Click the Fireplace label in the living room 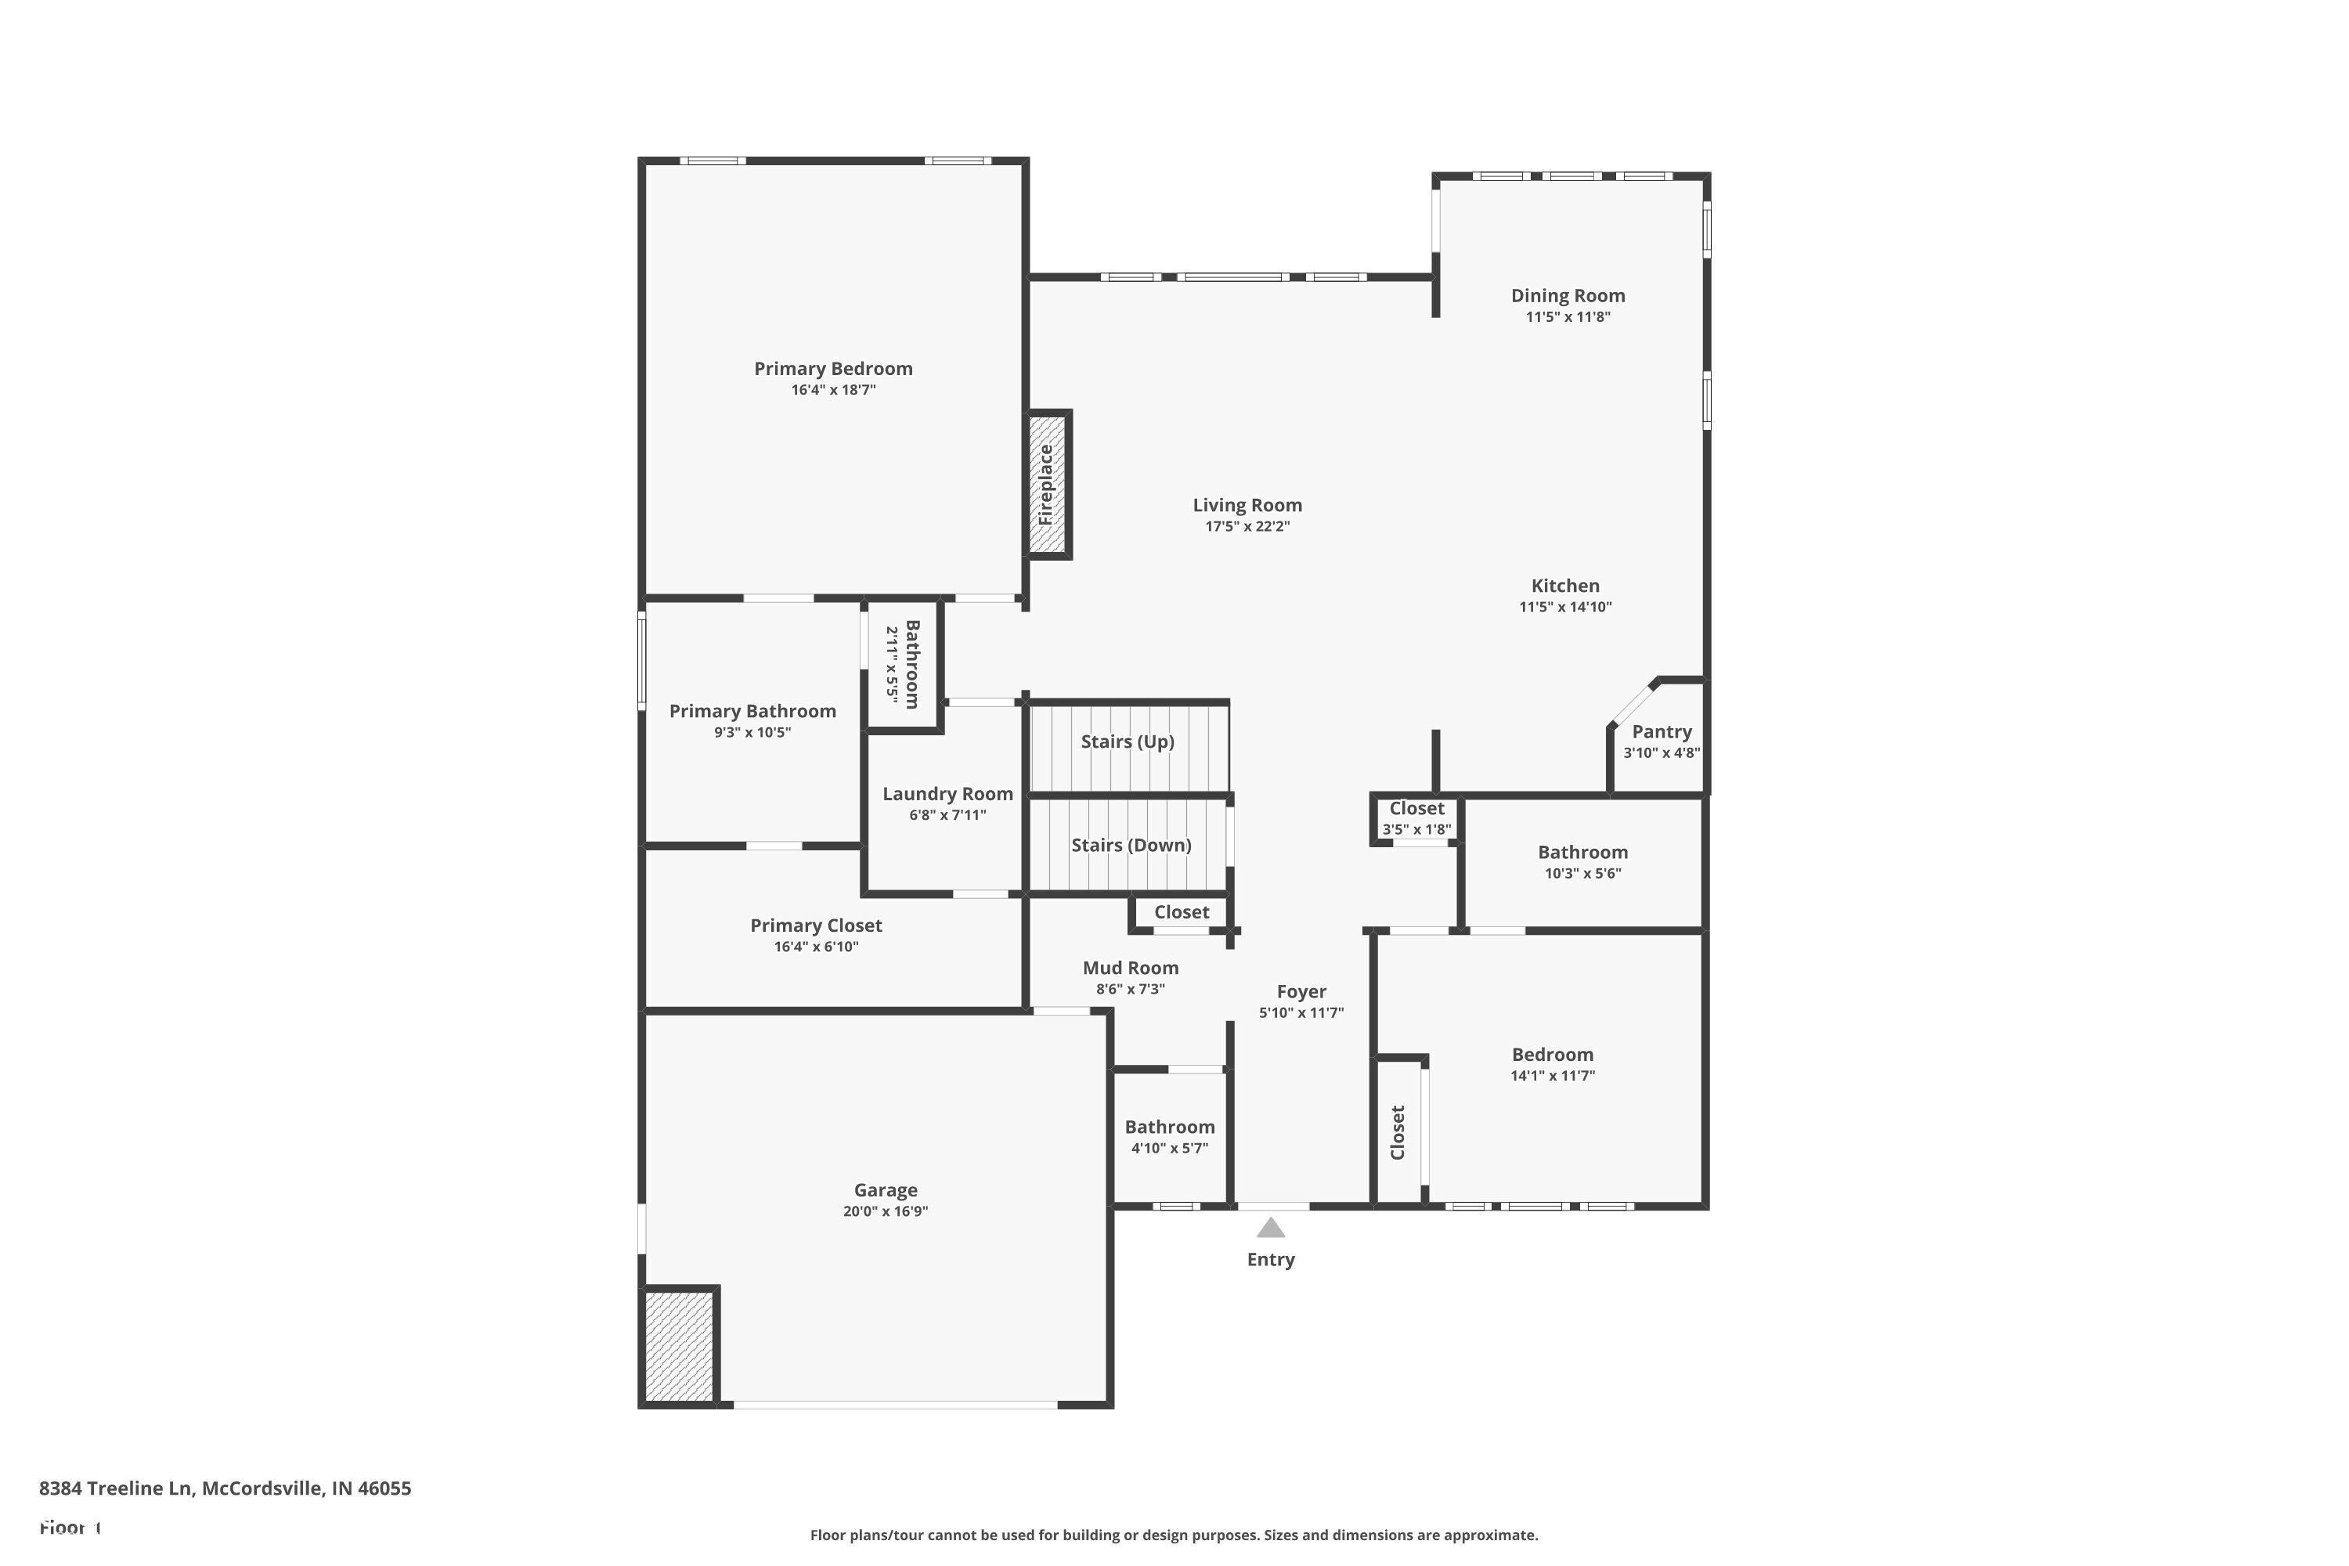coord(1045,485)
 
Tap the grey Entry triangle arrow coord(1270,1228)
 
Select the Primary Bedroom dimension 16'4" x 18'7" coord(833,389)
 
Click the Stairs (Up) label coord(1127,741)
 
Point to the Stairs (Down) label coord(1131,845)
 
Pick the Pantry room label coord(1661,731)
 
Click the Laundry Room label coord(947,794)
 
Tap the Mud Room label coord(1130,968)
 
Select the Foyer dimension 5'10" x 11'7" coord(1301,1012)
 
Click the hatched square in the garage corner coord(679,1345)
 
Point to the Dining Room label coord(1567,296)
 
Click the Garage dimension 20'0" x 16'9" coord(885,1211)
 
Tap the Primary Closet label coord(816,926)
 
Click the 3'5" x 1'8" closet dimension coord(1416,829)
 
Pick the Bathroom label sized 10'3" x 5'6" coord(1582,852)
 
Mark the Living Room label coord(1247,505)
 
